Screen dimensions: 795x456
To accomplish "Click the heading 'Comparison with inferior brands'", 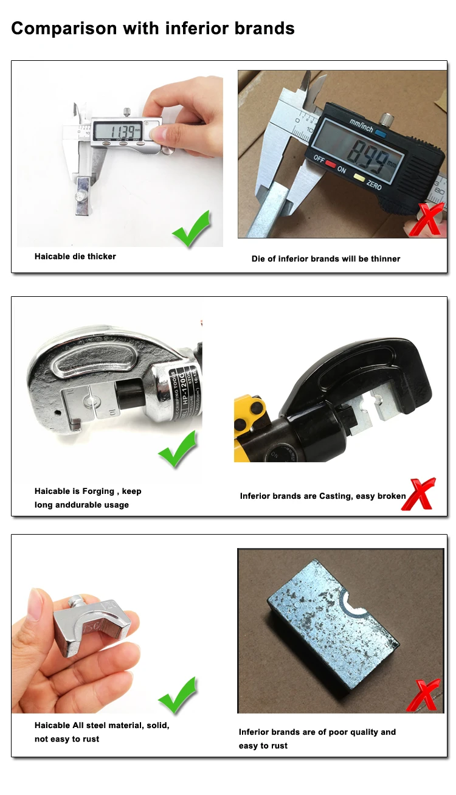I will pos(153,28).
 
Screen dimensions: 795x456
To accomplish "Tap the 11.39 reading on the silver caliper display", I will pos(116,131).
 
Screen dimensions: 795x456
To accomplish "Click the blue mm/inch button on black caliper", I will pos(381,132).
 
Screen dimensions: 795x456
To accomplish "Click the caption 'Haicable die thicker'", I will pos(75,257).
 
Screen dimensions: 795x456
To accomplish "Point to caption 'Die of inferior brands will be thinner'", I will pos(326,259).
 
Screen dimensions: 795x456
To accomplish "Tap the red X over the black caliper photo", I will pos(427,220).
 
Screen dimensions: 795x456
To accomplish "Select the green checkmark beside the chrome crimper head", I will pos(178,450).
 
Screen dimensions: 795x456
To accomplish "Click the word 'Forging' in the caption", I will pos(98,491).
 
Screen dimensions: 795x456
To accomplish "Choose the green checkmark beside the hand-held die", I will pos(178,696).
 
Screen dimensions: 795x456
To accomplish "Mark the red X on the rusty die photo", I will pos(427,695).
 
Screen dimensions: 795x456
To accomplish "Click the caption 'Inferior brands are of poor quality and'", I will pos(317,732).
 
